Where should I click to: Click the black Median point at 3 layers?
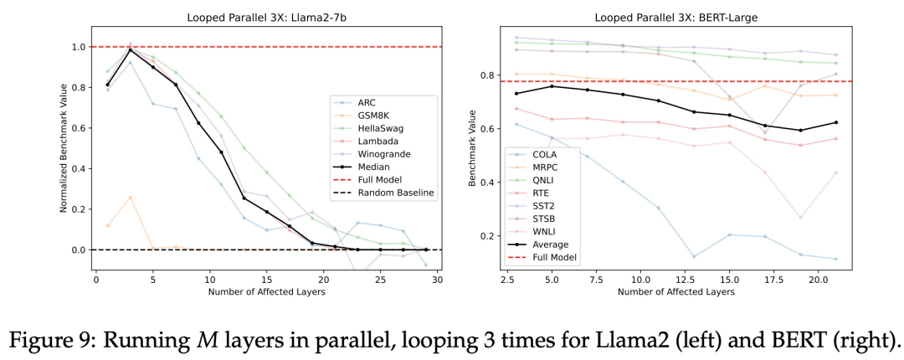tap(129, 50)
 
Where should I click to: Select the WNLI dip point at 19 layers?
tap(801, 218)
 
